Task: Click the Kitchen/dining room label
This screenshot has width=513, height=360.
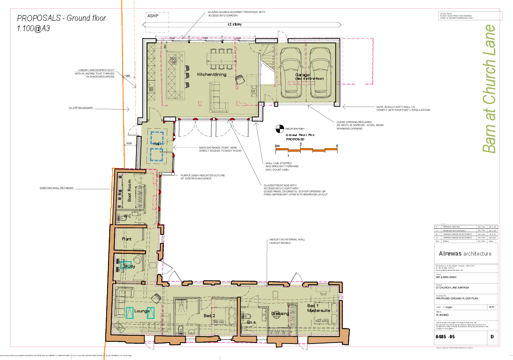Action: [x=211, y=75]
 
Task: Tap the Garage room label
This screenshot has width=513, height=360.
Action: [x=303, y=75]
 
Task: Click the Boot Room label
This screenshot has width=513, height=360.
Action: [x=129, y=194]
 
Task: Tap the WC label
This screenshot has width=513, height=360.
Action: [x=127, y=216]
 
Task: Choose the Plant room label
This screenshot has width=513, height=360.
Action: [x=127, y=239]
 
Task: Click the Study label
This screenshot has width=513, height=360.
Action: [x=129, y=266]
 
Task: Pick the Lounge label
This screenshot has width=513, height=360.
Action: [x=142, y=311]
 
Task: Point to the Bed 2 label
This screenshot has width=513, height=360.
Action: [x=209, y=316]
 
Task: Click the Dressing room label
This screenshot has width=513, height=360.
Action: [x=280, y=314]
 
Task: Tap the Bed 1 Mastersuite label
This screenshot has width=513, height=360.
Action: [x=318, y=308]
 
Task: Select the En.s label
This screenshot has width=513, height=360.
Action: [x=252, y=323]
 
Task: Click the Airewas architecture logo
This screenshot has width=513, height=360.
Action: [x=465, y=253]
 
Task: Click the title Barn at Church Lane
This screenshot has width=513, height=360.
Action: [x=489, y=89]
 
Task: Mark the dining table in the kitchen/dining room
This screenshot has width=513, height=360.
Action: [x=221, y=59]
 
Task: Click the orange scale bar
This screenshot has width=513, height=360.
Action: [x=306, y=149]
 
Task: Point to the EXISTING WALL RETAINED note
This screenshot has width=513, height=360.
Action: [x=56, y=188]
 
